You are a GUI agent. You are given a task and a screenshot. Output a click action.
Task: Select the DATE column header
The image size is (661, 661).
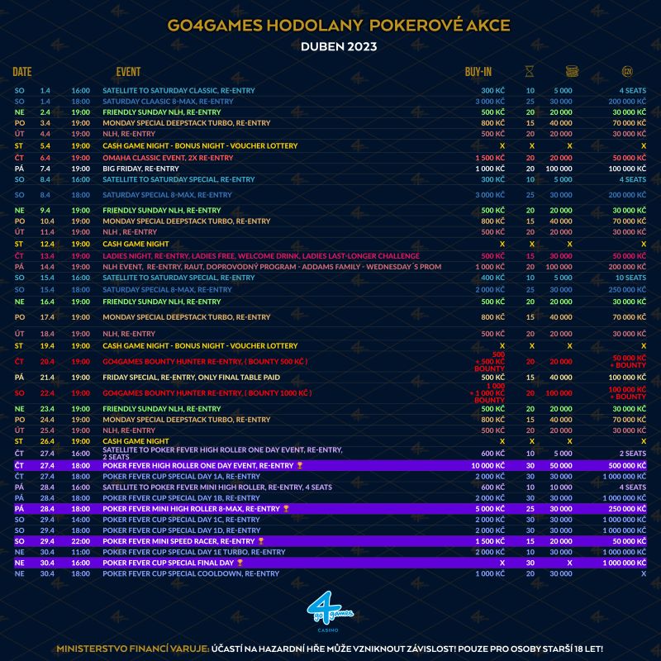pyautogui.click(x=22, y=72)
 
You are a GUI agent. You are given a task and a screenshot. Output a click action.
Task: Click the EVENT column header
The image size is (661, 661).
pyautogui.click(x=128, y=72)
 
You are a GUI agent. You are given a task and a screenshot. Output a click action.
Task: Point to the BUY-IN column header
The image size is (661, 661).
pyautogui.click(x=478, y=72)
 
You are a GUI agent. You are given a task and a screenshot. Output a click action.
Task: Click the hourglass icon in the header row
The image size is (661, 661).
pyautogui.click(x=530, y=72)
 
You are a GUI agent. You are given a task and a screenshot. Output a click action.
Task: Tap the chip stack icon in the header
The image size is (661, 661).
pyautogui.click(x=570, y=72)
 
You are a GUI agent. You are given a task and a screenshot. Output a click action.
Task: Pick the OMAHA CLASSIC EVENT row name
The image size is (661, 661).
pyautogui.click(x=168, y=157)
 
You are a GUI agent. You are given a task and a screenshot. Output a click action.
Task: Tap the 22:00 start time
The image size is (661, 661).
pyautogui.click(x=80, y=540)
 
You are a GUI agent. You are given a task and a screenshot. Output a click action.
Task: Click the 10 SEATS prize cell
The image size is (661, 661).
pyautogui.click(x=630, y=278)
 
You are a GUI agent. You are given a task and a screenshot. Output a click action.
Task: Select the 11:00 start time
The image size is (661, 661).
pyautogui.click(x=80, y=552)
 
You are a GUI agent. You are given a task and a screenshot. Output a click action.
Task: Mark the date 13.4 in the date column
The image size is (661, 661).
pyautogui.click(x=45, y=255)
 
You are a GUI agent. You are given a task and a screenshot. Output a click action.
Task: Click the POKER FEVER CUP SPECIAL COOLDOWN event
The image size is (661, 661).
pyautogui.click(x=191, y=573)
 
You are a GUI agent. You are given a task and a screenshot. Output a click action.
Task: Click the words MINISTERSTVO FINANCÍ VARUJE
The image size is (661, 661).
pyautogui.click(x=132, y=648)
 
